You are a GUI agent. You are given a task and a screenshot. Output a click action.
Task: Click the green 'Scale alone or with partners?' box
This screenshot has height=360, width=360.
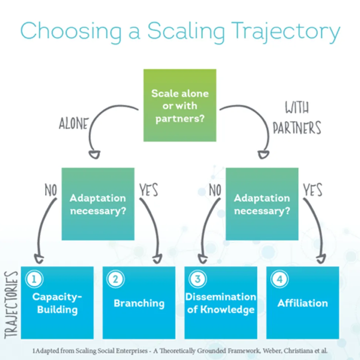[x=180, y=105]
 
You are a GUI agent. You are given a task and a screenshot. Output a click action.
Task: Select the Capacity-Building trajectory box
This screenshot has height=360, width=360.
[x=57, y=303]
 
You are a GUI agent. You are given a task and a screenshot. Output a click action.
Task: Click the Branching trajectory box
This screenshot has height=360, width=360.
[x=139, y=303]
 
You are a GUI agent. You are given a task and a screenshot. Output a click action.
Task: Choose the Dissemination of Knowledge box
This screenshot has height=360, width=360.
[x=221, y=303]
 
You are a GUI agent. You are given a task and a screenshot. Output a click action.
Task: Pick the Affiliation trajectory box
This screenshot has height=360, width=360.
[x=303, y=303]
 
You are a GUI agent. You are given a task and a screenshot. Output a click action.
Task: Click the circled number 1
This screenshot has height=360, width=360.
[x=34, y=279]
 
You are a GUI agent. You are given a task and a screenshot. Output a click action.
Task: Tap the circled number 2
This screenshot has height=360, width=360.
[x=115, y=279]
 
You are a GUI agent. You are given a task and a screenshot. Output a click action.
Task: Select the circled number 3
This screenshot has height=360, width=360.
[x=198, y=279]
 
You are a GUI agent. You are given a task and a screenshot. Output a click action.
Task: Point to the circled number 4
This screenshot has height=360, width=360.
[x=279, y=279]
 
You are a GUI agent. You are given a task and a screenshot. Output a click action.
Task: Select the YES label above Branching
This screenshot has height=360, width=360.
[x=148, y=190]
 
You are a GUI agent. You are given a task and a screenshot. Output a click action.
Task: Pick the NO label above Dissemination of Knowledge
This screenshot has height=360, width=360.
[x=215, y=190]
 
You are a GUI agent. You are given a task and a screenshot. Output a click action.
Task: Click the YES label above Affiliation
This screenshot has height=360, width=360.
[x=313, y=190]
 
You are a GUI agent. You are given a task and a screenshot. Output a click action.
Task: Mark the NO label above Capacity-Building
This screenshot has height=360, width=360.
[x=51, y=190]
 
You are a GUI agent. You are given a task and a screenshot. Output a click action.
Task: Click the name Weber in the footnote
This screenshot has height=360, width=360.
[x=270, y=350]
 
